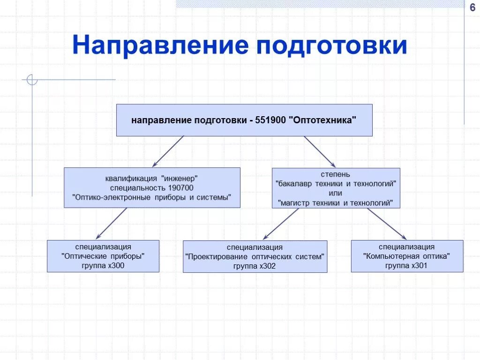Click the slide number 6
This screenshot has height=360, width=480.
(x=472, y=7)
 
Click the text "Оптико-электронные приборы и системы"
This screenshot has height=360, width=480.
(x=152, y=197)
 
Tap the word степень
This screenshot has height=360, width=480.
(x=336, y=175)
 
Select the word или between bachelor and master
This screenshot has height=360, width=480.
(x=336, y=193)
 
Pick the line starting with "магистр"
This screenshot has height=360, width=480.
(x=336, y=202)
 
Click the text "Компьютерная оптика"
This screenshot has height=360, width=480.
(x=407, y=256)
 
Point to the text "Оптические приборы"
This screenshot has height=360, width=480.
(x=103, y=256)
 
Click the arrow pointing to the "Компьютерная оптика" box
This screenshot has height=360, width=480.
(x=387, y=224)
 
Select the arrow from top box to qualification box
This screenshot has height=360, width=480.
(x=168, y=151)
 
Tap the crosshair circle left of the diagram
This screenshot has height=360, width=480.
(x=32, y=80)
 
